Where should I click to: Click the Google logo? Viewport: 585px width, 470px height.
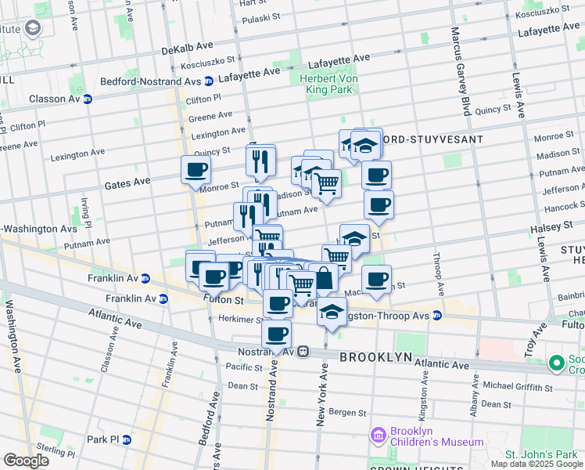click(x=26, y=460)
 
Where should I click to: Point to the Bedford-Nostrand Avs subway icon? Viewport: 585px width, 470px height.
click(x=209, y=81)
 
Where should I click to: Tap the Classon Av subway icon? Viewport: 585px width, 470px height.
click(x=88, y=99)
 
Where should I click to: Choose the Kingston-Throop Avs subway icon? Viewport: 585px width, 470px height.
click(x=437, y=315)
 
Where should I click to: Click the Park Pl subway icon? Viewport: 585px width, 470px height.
click(x=127, y=439)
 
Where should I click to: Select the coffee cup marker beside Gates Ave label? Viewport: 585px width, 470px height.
click(x=196, y=169)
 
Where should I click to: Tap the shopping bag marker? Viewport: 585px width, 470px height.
click(x=323, y=277)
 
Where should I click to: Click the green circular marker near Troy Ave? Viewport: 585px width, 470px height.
click(x=557, y=363)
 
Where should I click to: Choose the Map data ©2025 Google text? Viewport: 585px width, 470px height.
click(x=537, y=464)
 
